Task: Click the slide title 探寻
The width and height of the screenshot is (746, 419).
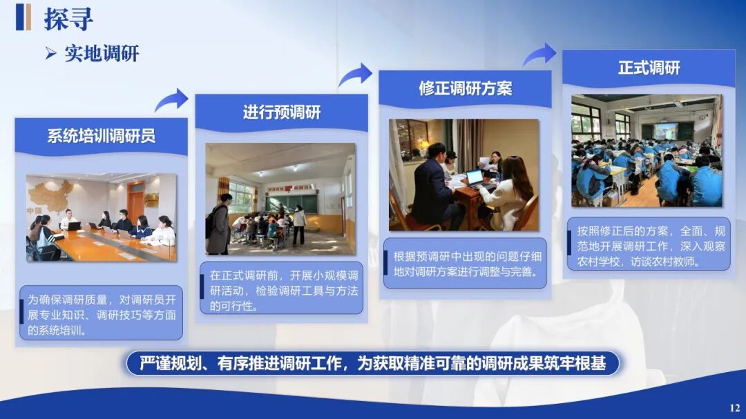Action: (x=68, y=19)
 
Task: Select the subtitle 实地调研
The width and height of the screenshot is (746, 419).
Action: (x=102, y=53)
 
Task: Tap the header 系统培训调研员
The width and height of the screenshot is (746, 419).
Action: (x=102, y=136)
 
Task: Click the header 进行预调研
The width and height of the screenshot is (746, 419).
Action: (x=282, y=113)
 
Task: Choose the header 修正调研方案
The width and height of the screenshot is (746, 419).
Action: (x=466, y=88)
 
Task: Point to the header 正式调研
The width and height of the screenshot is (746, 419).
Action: (x=649, y=68)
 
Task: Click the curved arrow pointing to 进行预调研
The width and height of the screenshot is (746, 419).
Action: (x=172, y=100)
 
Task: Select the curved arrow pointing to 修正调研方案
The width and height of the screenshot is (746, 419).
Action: (x=356, y=75)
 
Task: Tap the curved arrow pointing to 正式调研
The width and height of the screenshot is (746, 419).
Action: (x=540, y=55)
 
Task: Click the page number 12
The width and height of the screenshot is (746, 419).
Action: (x=734, y=407)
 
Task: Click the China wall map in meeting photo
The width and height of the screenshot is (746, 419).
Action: (x=50, y=195)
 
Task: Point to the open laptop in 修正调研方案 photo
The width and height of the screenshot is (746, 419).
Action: (x=475, y=179)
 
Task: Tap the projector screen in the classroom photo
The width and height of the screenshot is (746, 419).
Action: (x=665, y=130)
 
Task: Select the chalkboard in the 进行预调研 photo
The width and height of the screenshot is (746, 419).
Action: (x=291, y=203)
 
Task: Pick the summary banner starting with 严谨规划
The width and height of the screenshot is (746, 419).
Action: (x=372, y=364)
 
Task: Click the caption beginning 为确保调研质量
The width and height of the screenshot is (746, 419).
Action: (x=102, y=314)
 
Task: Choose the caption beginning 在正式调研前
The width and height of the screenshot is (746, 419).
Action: (x=284, y=290)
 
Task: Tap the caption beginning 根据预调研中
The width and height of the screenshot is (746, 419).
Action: (x=468, y=264)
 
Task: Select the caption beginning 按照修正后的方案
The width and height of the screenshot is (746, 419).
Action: (x=651, y=246)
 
